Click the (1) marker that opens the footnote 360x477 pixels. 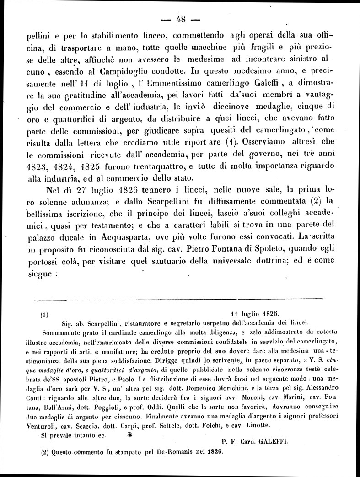point(44,315)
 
